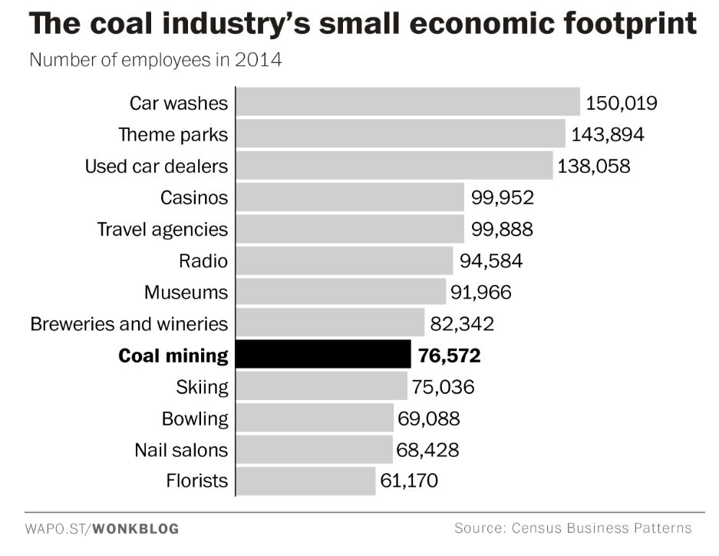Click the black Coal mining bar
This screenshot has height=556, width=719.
pyautogui.click(x=323, y=355)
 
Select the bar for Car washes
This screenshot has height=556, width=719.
pyautogui.click(x=407, y=102)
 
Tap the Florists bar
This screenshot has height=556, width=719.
pyautogui.click(x=305, y=481)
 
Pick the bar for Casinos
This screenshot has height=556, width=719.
pyautogui.click(x=350, y=197)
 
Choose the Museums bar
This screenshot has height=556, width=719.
pyautogui.click(x=341, y=292)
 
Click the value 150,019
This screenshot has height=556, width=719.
pyautogui.click(x=622, y=103)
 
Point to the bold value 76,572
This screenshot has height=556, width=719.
pyautogui.click(x=450, y=356)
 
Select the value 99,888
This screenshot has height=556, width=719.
pyautogui.click(x=502, y=229)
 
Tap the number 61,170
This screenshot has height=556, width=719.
pyautogui.click(x=409, y=482)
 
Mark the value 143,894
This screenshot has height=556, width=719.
pyautogui.click(x=608, y=134)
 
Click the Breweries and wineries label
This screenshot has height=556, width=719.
pyautogui.click(x=129, y=323)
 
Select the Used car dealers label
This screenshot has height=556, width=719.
pyautogui.click(x=156, y=166)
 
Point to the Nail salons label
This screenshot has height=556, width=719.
pyautogui.click(x=181, y=449)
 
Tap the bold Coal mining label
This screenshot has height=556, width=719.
pyautogui.click(x=173, y=356)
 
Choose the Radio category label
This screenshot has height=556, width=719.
pyautogui.click(x=203, y=260)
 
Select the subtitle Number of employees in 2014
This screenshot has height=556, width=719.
pyautogui.click(x=155, y=59)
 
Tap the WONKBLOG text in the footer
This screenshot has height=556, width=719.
pyautogui.click(x=136, y=528)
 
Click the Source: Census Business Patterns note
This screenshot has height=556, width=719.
pyautogui.click(x=572, y=528)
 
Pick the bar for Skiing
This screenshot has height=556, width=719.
pyautogui.click(x=322, y=386)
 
